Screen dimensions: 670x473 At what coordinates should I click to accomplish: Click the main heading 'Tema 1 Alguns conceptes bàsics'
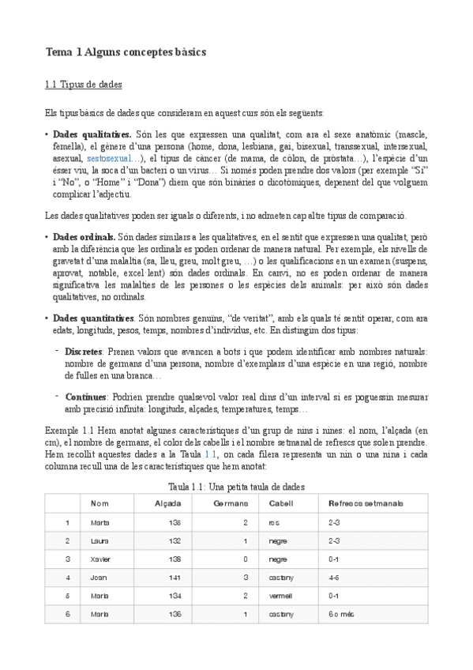click(x=126, y=51)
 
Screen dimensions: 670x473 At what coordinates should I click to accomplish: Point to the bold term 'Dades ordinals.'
click(x=84, y=237)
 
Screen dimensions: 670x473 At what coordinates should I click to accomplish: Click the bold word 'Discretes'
click(x=83, y=351)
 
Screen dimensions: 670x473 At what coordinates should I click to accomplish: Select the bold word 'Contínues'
click(x=84, y=397)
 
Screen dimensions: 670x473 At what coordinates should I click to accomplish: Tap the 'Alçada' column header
click(x=168, y=503)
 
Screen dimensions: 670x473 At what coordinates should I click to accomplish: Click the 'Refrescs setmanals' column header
click(x=366, y=503)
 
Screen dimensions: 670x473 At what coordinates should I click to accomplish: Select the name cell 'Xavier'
click(x=100, y=559)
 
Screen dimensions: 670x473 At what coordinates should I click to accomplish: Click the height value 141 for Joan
click(x=175, y=577)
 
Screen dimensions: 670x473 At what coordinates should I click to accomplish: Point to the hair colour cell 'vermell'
click(x=280, y=595)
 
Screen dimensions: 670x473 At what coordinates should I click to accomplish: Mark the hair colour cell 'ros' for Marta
click(x=274, y=522)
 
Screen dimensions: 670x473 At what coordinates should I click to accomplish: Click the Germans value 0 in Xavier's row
click(x=246, y=559)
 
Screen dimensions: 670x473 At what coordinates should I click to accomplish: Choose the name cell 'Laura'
click(x=99, y=540)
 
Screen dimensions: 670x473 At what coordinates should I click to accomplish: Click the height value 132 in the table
click(x=175, y=540)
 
